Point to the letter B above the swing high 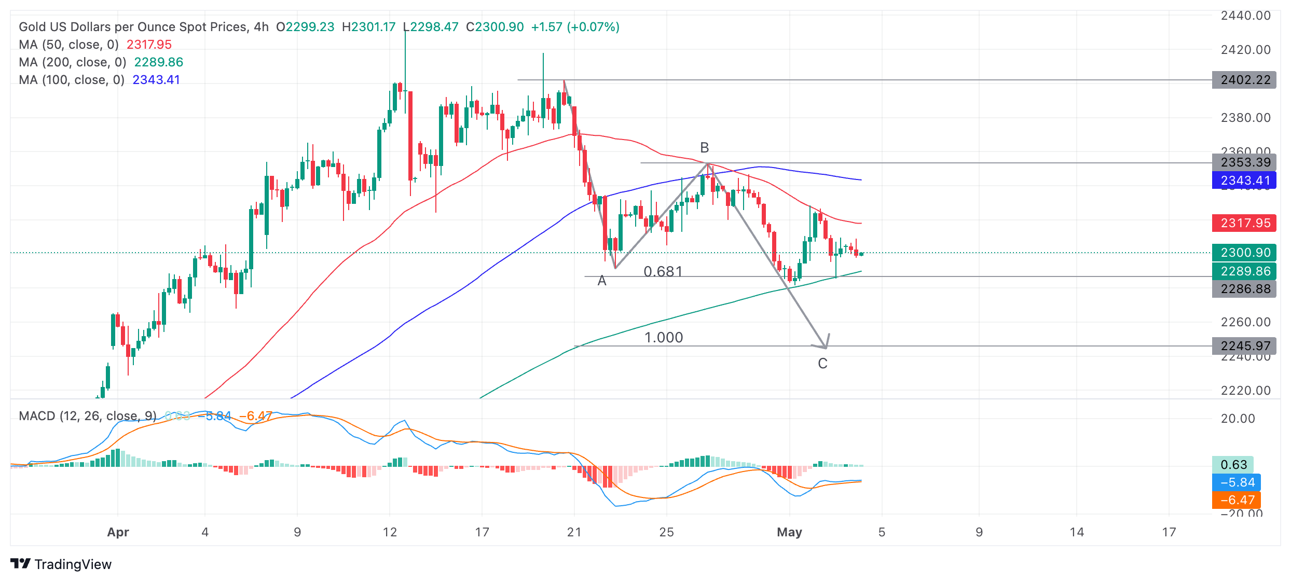[x=704, y=148]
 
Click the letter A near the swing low [x=602, y=281]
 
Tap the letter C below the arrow [x=822, y=364]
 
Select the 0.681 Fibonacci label [x=663, y=271]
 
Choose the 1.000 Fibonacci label [x=663, y=338]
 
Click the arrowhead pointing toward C [x=824, y=344]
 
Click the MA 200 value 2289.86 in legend [x=158, y=62]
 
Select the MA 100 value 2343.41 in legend [x=156, y=80]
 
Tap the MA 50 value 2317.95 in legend [x=149, y=45]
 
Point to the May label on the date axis [x=789, y=532]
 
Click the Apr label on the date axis [x=118, y=532]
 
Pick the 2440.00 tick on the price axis [x=1245, y=16]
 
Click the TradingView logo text [x=73, y=564]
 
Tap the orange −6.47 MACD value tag [x=1237, y=500]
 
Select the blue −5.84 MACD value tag [x=1237, y=482]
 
